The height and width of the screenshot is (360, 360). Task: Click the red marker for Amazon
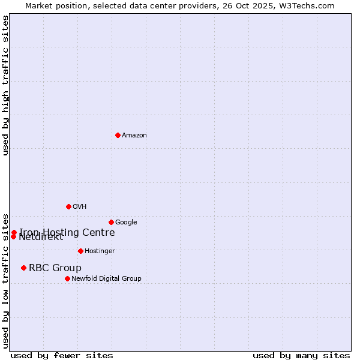coord(118,135)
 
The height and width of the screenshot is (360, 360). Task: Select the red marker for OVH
coord(68,206)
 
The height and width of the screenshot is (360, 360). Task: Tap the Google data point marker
coord(111,222)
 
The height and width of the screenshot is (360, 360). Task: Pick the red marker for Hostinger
coord(80,251)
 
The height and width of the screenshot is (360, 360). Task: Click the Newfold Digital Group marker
coord(67,278)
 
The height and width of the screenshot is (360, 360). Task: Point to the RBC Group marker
coord(23,268)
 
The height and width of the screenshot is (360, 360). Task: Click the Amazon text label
coord(134,136)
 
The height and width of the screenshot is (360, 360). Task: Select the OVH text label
coord(79,207)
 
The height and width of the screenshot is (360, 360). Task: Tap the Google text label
coord(126,223)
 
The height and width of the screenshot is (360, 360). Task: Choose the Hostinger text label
coord(100,251)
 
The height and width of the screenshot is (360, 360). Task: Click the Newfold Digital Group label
coord(106,279)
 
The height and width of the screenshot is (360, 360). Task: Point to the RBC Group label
coord(55,268)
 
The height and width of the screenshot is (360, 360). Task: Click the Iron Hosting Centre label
coord(67,232)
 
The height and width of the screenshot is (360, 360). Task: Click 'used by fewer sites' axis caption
coord(62,356)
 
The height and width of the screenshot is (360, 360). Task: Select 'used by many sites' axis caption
coord(301,356)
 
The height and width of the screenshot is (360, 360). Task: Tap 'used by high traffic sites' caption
coord(6,85)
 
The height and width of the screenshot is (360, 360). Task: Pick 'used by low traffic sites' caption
coord(6,280)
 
